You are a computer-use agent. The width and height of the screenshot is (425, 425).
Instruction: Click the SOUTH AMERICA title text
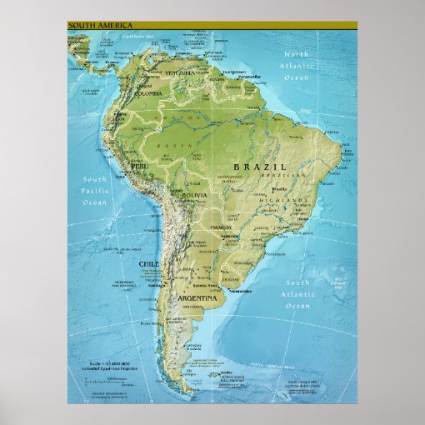(x=99, y=25)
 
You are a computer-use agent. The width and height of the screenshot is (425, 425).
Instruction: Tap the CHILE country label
(x=147, y=263)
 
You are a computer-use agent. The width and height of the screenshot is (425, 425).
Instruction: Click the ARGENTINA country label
(x=197, y=297)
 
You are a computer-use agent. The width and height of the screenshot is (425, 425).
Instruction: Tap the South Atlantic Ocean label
(x=297, y=294)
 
